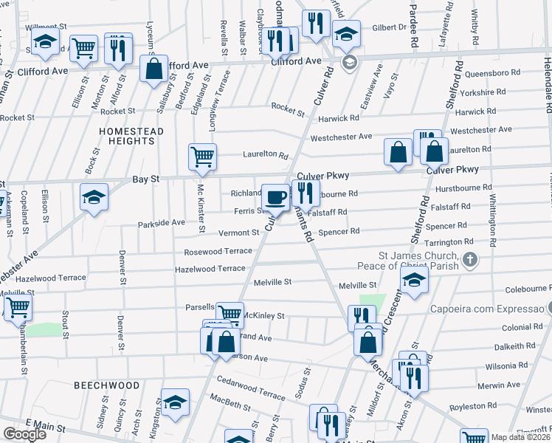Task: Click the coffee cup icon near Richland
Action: (x=276, y=196)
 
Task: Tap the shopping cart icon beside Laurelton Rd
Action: (x=202, y=156)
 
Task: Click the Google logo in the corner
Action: (x=24, y=434)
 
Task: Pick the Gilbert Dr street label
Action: (x=389, y=27)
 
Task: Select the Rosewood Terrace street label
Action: (x=218, y=251)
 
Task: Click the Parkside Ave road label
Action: (x=161, y=222)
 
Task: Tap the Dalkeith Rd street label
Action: (x=499, y=346)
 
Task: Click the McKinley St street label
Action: (x=264, y=315)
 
